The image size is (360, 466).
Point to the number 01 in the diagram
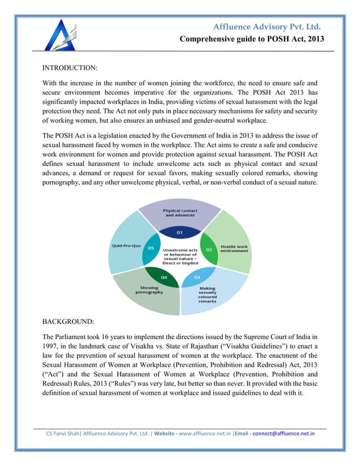click(179, 232)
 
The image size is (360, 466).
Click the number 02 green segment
click(208, 249)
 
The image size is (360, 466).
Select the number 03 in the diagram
click(196, 278)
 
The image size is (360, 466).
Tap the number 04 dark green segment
click(163, 278)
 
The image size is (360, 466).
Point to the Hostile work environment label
click(234, 249)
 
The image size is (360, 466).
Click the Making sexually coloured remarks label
click(207, 294)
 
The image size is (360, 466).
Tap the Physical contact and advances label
click(179, 213)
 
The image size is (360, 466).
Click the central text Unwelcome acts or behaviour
click(179, 256)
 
